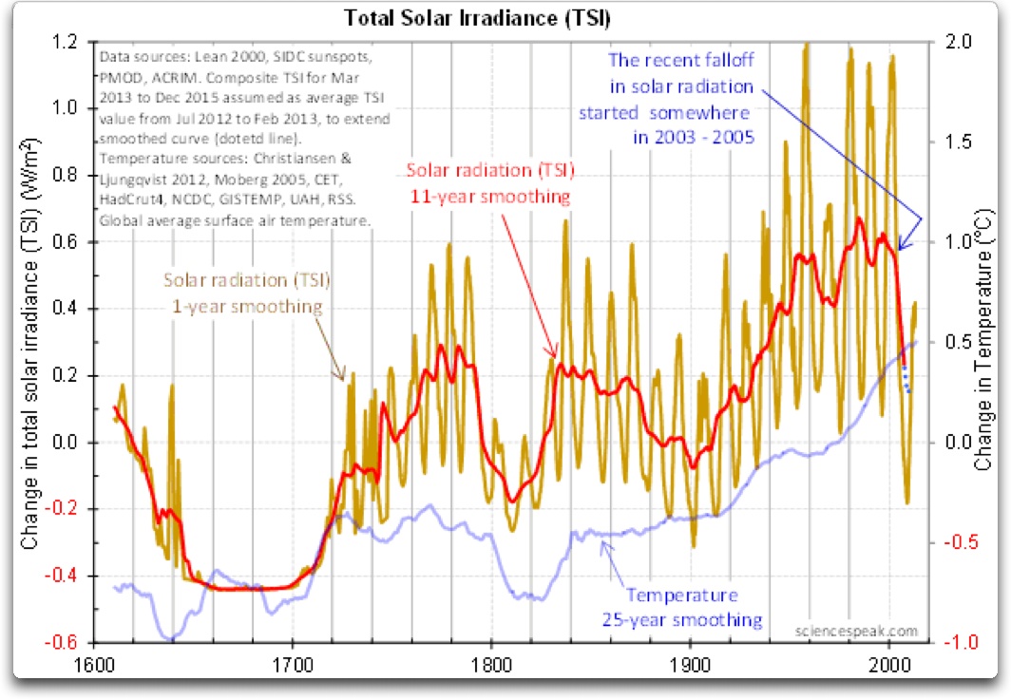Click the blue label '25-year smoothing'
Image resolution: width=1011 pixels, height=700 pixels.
[681, 620]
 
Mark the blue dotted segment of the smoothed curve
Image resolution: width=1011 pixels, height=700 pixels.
[906, 377]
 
